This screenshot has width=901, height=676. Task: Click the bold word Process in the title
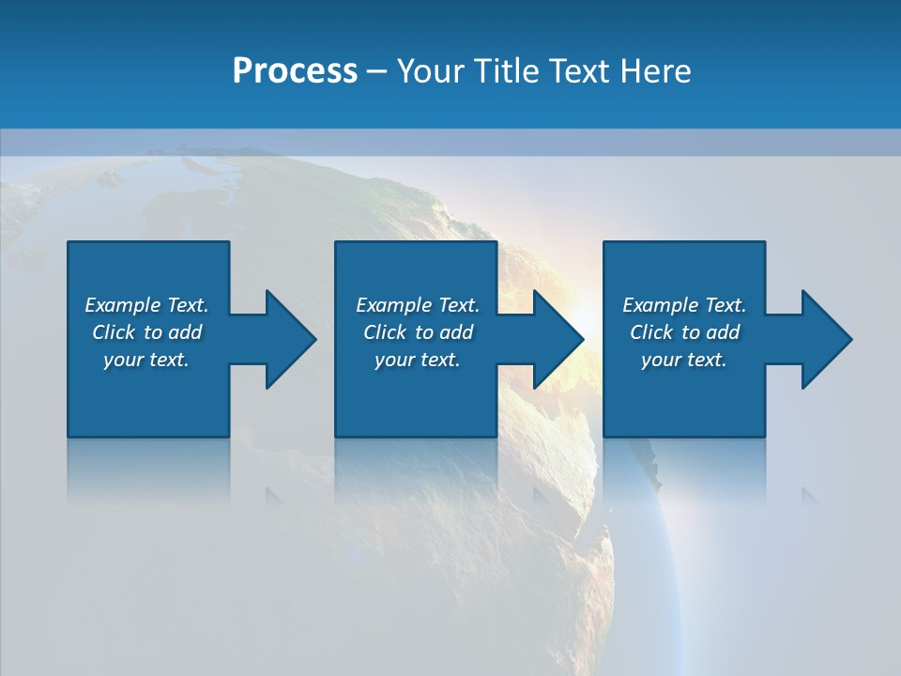click(x=295, y=71)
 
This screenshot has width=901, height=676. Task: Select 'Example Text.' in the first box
click(x=146, y=305)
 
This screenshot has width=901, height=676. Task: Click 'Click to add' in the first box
click(x=146, y=332)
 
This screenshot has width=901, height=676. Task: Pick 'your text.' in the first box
click(x=146, y=360)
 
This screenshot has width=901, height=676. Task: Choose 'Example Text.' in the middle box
click(x=418, y=305)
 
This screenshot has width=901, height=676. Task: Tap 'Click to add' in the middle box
click(x=418, y=332)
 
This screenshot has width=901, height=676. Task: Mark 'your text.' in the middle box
click(x=418, y=360)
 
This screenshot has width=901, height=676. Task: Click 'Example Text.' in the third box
click(x=684, y=305)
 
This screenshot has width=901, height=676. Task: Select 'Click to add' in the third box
click(x=684, y=332)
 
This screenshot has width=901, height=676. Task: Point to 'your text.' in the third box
click(x=684, y=360)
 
